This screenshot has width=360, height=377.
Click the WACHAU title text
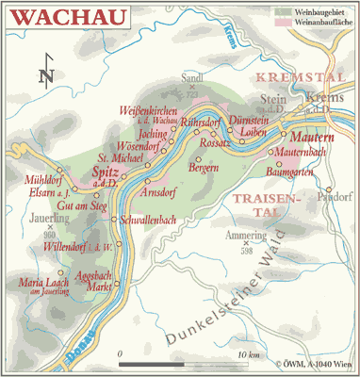[x=60, y=16]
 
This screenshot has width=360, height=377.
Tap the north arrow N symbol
[x=46, y=74]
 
